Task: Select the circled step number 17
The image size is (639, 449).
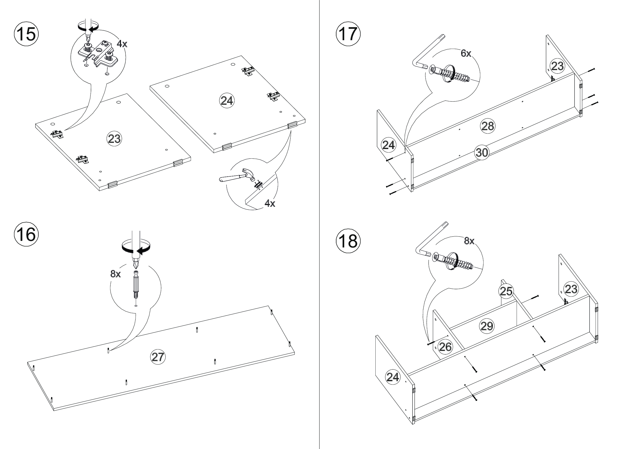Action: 348,34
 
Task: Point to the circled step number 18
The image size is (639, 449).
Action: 348,241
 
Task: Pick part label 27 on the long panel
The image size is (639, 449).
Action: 158,357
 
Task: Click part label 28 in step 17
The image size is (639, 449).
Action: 487,126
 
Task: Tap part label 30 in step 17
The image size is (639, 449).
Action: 481,152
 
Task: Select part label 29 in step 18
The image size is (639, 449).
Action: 487,326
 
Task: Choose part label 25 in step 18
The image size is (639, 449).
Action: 506,291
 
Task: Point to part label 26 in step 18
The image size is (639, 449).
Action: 445,347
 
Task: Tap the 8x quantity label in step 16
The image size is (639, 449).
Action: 116,274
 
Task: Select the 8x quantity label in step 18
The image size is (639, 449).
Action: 469,241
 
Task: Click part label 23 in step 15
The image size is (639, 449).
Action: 114,139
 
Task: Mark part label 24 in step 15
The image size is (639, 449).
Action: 227,101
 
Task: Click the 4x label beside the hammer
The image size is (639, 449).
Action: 269,203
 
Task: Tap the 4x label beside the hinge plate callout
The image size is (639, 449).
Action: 122,44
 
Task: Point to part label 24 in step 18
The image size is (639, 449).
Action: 392,377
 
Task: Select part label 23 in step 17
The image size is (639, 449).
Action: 557,66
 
